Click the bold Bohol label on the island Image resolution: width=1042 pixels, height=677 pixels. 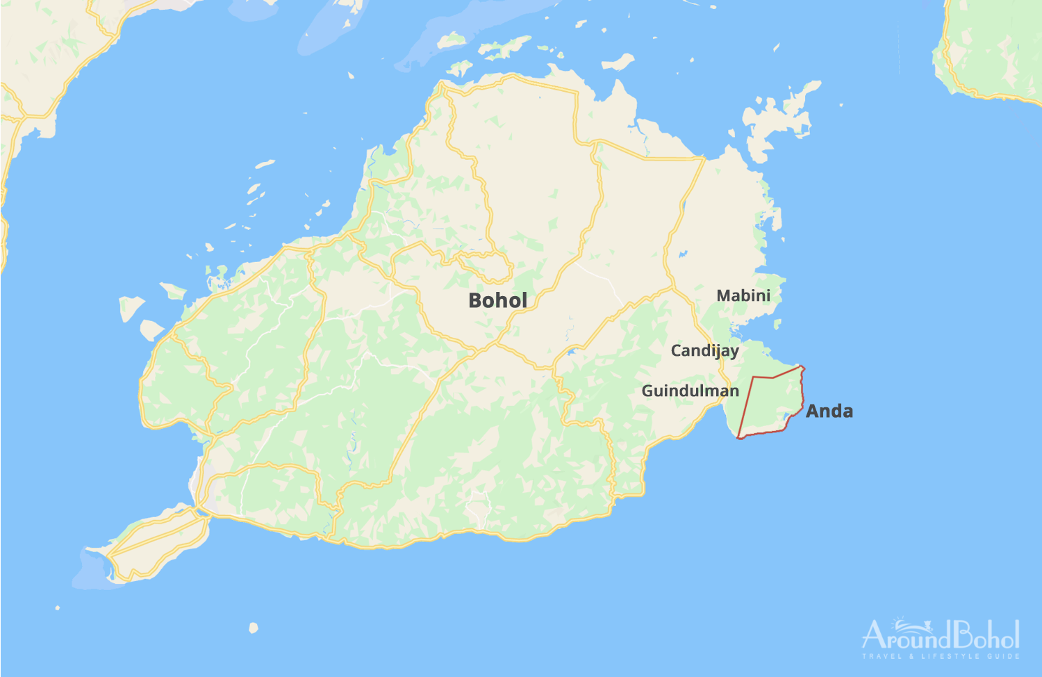pyautogui.click(x=497, y=301)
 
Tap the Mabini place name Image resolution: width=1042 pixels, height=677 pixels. pyautogui.click(x=743, y=296)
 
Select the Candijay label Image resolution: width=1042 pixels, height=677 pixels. pyautogui.click(x=704, y=351)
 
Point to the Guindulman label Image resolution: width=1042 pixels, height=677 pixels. pyautogui.click(x=690, y=391)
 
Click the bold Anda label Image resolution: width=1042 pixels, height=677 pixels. pyautogui.click(x=829, y=411)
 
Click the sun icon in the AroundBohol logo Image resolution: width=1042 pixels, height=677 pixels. pyautogui.click(x=902, y=620)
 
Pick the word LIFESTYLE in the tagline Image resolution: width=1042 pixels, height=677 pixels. pyautogui.click(x=952, y=656)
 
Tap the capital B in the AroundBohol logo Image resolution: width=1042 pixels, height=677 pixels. pyautogui.click(x=962, y=635)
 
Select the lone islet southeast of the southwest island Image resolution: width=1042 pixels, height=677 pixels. pyautogui.click(x=254, y=628)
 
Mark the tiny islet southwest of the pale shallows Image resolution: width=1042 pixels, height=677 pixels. pyautogui.click(x=58, y=608)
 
